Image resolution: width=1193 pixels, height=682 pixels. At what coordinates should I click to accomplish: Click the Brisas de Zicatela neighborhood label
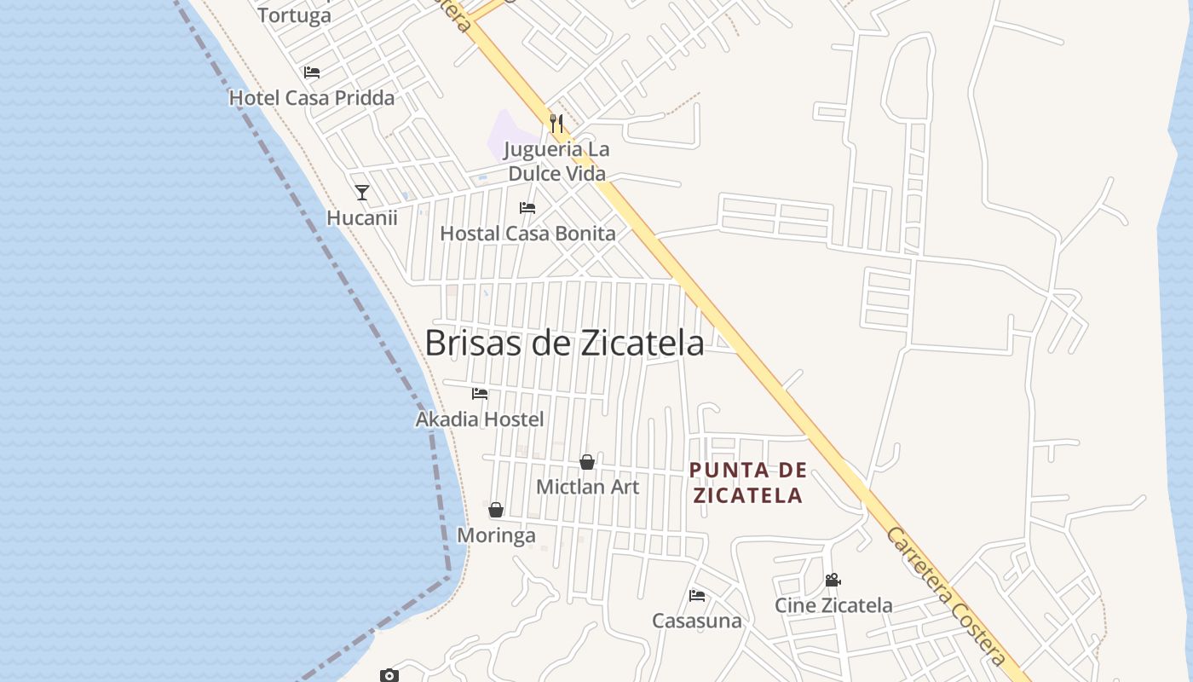[x=564, y=343]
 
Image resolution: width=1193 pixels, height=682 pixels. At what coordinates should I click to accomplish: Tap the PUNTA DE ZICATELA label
[x=747, y=483]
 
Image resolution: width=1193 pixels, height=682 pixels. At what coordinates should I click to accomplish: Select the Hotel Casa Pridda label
[x=312, y=98]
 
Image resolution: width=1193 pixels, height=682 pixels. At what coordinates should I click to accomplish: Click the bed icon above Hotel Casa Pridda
[x=312, y=72]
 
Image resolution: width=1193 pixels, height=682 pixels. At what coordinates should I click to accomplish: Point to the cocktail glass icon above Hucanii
[x=362, y=193]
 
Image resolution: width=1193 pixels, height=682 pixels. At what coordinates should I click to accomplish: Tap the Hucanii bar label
[x=362, y=217]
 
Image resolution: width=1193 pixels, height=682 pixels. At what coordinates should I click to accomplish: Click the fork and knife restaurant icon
[x=556, y=124]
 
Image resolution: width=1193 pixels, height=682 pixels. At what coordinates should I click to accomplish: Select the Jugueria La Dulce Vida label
[x=557, y=161]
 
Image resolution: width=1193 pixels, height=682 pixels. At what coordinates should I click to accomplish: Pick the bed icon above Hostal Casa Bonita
[x=527, y=208]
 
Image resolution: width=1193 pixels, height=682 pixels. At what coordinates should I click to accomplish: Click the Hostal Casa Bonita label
[x=527, y=233]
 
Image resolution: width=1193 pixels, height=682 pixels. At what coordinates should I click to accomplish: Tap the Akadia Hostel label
[x=480, y=419]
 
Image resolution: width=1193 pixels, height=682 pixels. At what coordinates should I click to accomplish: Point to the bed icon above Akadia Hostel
[x=480, y=394]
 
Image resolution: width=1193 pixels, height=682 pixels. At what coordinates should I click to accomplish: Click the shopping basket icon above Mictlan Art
[x=587, y=462]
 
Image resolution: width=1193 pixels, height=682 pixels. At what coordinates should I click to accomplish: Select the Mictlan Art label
[x=587, y=487]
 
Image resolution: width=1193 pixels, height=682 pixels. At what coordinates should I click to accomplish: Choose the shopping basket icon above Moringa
[x=496, y=510]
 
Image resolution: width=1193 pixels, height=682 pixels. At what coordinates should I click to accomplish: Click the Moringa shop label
[x=497, y=535]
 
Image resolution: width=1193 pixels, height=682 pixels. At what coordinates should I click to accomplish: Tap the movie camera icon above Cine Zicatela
[x=833, y=581]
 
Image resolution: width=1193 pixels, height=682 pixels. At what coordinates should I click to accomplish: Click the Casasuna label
[x=697, y=621]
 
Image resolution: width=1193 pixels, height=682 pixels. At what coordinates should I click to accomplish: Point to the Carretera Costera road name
[x=946, y=597]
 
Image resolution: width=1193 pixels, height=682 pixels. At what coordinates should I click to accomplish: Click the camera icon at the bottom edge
[x=389, y=675]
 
